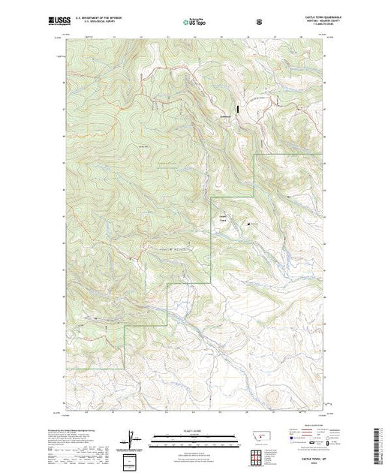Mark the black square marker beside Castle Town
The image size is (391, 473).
tap(249, 222)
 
